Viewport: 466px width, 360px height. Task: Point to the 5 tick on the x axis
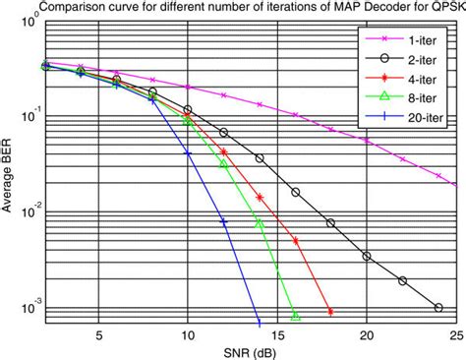98,334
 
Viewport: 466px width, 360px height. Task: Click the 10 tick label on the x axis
188,334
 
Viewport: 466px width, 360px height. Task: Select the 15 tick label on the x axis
277,334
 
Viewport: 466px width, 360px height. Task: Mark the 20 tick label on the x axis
367,334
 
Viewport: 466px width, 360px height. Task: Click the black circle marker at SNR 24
438,307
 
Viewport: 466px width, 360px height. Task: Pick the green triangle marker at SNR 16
295,316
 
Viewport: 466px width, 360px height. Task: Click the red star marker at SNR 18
330,312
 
